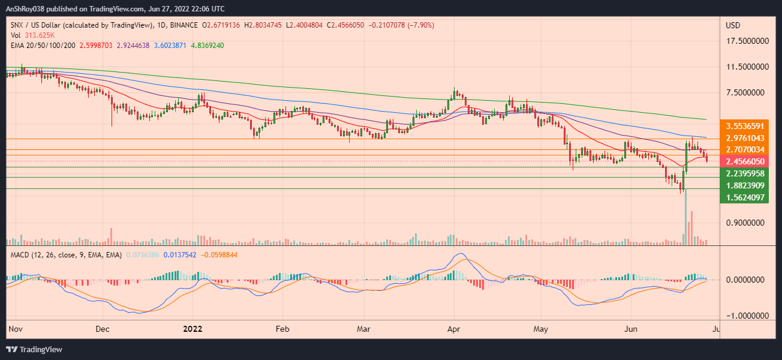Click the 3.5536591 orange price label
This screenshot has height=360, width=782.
click(x=744, y=127)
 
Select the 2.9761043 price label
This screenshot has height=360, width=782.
click(x=744, y=138)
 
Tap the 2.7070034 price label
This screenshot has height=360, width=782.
click(x=744, y=149)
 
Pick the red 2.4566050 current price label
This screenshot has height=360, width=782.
click(x=744, y=161)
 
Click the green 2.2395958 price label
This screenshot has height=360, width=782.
click(x=744, y=173)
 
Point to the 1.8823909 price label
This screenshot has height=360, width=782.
click(x=744, y=185)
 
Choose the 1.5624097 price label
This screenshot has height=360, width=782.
click(x=744, y=197)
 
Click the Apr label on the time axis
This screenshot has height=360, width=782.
click(x=454, y=329)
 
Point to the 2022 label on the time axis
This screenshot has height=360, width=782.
click(x=193, y=329)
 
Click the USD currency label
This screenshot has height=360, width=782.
click(x=733, y=25)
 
